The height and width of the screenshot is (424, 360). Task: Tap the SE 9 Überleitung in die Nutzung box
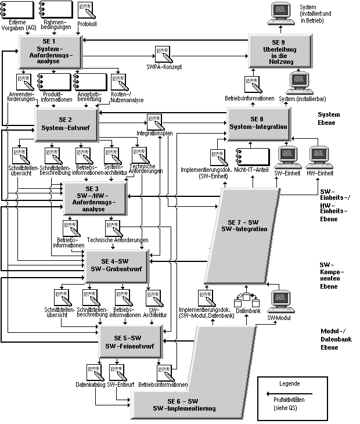click(x=278, y=52)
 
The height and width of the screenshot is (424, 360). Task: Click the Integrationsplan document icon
click(x=155, y=122)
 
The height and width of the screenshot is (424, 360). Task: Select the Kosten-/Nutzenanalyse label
click(x=127, y=97)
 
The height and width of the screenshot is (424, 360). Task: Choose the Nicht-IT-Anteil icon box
click(x=252, y=156)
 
